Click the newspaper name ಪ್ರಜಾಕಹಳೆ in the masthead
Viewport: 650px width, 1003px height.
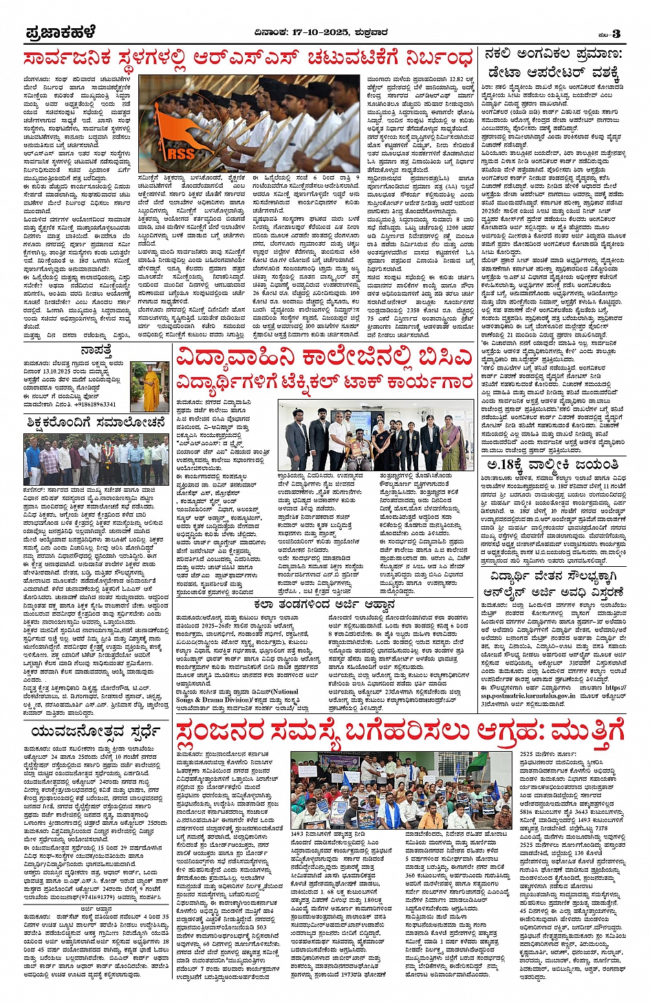(x=61, y=32)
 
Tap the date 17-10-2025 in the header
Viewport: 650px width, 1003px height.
(x=321, y=32)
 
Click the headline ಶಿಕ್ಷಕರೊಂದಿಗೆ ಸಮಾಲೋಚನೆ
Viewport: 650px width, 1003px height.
(x=96, y=422)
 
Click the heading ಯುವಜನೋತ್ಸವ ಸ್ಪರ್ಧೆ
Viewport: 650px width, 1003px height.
(x=96, y=731)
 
